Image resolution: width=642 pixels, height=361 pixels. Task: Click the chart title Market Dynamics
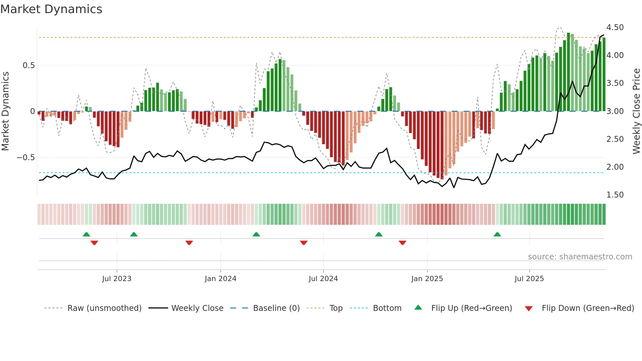(x=51, y=9)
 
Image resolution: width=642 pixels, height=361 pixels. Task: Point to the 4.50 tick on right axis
(x=615, y=28)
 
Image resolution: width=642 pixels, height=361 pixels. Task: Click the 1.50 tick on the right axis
(x=615, y=195)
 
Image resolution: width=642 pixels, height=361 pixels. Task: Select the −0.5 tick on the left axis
(x=26, y=158)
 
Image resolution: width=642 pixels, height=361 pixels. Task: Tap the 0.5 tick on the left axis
(x=28, y=66)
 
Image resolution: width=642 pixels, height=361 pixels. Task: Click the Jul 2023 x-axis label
(x=117, y=279)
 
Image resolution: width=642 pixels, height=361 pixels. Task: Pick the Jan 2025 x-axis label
(x=427, y=279)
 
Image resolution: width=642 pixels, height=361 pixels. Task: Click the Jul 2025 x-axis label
(x=529, y=279)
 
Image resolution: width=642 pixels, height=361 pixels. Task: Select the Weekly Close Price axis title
(x=636, y=111)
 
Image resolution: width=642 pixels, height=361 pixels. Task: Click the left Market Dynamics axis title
(x=5, y=111)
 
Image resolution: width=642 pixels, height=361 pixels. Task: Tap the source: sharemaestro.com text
(x=580, y=257)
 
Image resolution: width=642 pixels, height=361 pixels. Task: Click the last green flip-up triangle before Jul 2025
(x=497, y=234)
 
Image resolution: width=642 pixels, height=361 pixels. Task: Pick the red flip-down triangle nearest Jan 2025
(x=403, y=243)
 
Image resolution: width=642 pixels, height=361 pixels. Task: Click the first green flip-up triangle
(x=86, y=234)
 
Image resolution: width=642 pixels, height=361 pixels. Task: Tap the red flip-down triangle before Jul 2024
(x=304, y=243)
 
